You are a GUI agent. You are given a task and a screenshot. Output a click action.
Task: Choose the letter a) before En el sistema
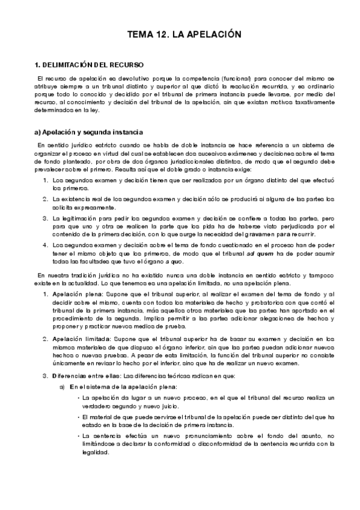tap(62, 387)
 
